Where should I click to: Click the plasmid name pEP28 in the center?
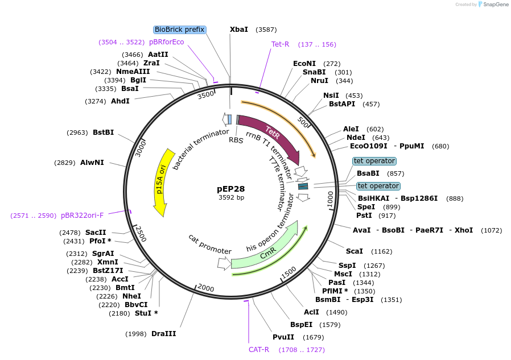pyautogui.click(x=231, y=188)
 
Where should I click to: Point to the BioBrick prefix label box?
pyautogui.click(x=179, y=30)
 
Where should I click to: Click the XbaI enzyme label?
pyautogui.click(x=239, y=30)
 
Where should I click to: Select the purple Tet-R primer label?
pyautogui.click(x=281, y=44)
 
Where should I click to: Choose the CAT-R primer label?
pyautogui.click(x=259, y=349)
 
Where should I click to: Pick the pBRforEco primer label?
pyautogui.click(x=167, y=42)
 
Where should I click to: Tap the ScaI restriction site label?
pyautogui.click(x=355, y=251)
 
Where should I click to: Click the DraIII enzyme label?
pyautogui.click(x=164, y=334)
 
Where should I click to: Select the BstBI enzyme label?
pyautogui.click(x=103, y=133)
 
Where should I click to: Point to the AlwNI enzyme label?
pyautogui.click(x=92, y=163)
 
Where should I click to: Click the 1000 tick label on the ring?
pyautogui.click(x=330, y=200)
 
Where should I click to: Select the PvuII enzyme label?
pyautogui.click(x=283, y=337)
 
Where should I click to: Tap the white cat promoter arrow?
pyautogui.click(x=224, y=263)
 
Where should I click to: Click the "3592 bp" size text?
pyautogui.click(x=231, y=198)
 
